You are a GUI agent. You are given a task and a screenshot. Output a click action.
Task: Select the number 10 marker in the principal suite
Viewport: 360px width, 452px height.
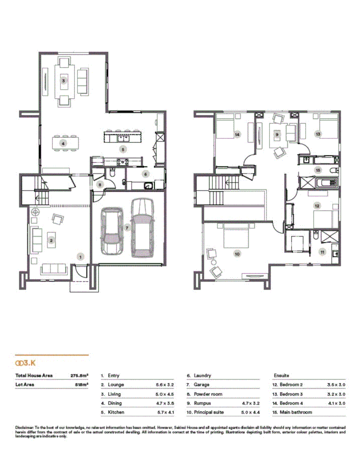pos(237,254)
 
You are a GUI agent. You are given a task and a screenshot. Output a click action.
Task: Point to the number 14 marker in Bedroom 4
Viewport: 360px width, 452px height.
pos(237,135)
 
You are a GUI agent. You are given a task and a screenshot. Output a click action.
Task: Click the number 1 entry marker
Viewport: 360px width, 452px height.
pos(81,256)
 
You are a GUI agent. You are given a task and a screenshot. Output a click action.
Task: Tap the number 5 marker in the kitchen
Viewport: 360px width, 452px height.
pos(123,149)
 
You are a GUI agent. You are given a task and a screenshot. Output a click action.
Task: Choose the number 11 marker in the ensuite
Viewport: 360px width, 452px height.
pos(322,252)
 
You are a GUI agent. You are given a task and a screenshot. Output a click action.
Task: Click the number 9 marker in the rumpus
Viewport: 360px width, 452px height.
pos(277,135)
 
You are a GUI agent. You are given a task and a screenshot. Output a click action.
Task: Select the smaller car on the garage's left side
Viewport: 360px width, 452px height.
pos(112,229)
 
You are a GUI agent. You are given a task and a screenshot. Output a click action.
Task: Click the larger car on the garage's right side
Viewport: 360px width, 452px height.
pos(143,227)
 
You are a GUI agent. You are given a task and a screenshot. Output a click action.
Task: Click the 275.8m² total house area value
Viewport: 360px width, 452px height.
pos(80,375)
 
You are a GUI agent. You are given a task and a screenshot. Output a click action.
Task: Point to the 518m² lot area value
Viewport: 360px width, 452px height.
pos(82,385)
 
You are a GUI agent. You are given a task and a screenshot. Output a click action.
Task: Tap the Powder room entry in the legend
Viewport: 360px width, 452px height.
pos(208,394)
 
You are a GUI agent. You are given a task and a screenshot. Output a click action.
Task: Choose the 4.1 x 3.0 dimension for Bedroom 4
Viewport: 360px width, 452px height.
pos(336,403)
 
